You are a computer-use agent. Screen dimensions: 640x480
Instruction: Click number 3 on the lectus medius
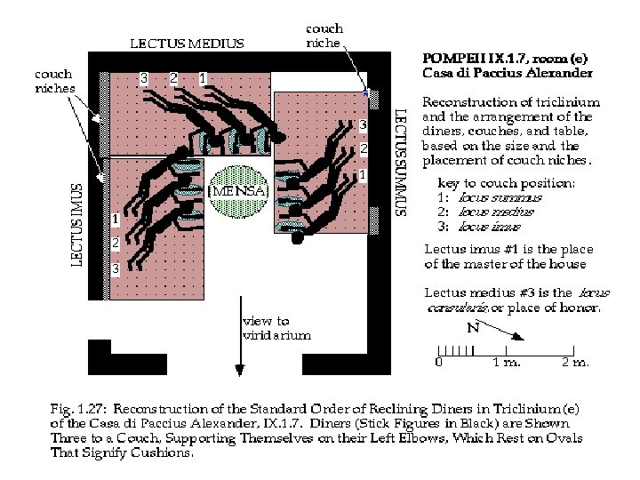[x=144, y=78]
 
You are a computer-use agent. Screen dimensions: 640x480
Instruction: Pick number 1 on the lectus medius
[x=203, y=78]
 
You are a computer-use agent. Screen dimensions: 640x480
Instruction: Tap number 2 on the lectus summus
[x=363, y=148]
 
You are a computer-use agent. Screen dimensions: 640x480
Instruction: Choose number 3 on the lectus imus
[x=115, y=268]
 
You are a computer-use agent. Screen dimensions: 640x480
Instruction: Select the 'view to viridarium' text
[x=277, y=328]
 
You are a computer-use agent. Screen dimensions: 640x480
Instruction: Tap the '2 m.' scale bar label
[x=574, y=363]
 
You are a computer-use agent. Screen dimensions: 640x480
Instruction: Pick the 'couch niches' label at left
[x=53, y=82]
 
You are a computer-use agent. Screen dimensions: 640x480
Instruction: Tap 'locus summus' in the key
[x=492, y=197]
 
